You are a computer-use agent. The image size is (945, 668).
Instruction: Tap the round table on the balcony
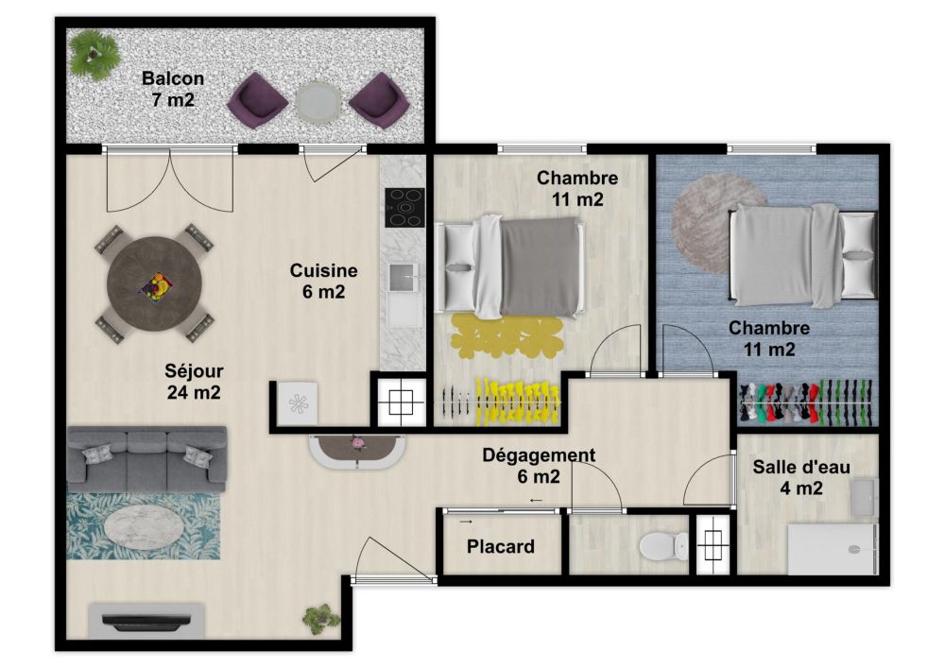(x=318, y=101)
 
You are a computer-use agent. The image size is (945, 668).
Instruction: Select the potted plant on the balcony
(x=94, y=54)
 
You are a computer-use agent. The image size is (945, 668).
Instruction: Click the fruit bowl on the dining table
(x=157, y=286)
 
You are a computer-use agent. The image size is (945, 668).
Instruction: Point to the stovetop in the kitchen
(x=405, y=208)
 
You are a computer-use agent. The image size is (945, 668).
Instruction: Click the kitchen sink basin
(x=404, y=277)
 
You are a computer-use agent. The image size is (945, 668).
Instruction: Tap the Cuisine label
(x=323, y=270)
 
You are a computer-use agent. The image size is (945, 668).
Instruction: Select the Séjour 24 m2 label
(x=194, y=382)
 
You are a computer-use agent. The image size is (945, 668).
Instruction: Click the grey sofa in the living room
(x=146, y=458)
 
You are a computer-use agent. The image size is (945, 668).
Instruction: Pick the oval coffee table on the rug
(x=144, y=526)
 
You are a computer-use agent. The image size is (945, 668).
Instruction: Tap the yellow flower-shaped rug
(x=507, y=336)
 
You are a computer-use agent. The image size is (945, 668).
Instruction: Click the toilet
(x=663, y=546)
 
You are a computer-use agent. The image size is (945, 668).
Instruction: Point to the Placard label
(x=500, y=546)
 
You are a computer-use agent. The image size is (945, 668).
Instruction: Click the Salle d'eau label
(x=801, y=466)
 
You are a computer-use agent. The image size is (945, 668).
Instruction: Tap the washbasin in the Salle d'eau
(x=865, y=498)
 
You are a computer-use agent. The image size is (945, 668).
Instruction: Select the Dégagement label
(x=539, y=455)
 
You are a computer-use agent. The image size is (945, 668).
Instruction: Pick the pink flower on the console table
(x=359, y=443)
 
